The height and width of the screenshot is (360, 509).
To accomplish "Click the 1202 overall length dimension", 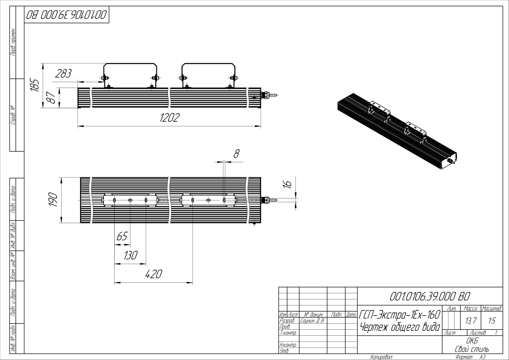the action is (x=170, y=118).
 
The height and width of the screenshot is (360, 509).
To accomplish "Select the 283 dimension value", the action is (x=63, y=74).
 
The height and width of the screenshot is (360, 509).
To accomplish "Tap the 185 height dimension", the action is (x=35, y=85).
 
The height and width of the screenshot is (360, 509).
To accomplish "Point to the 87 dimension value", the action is (x=51, y=98).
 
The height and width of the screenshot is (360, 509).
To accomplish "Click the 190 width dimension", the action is (x=53, y=200).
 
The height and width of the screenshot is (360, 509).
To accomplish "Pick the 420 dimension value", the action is (x=154, y=274).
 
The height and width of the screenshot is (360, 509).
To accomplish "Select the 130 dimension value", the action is (x=131, y=255).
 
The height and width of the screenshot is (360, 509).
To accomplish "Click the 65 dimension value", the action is (x=122, y=236).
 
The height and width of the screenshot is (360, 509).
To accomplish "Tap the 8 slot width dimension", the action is (x=236, y=154).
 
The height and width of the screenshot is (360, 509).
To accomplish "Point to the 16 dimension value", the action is (x=287, y=184).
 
